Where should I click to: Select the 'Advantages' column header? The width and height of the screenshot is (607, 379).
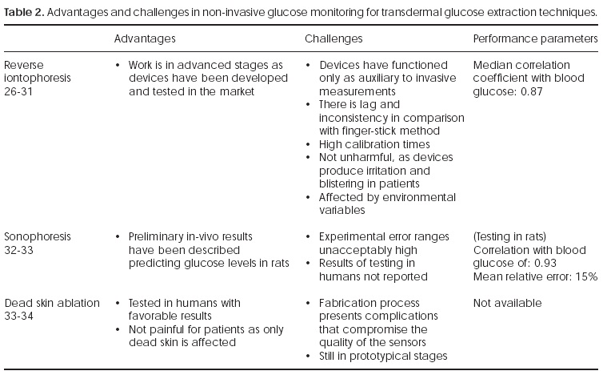click(145, 38)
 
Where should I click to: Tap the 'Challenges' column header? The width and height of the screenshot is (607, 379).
click(333, 38)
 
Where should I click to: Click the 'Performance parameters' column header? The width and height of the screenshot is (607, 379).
click(535, 38)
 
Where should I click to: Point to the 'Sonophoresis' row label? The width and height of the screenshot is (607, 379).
click(38, 236)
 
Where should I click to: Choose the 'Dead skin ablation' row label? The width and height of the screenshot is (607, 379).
click(52, 303)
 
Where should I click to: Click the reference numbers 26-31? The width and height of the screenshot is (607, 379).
click(19, 91)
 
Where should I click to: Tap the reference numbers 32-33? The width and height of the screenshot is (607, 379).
click(19, 250)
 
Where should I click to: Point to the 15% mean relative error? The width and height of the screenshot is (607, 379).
click(587, 276)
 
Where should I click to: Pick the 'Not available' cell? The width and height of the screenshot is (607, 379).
click(507, 303)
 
